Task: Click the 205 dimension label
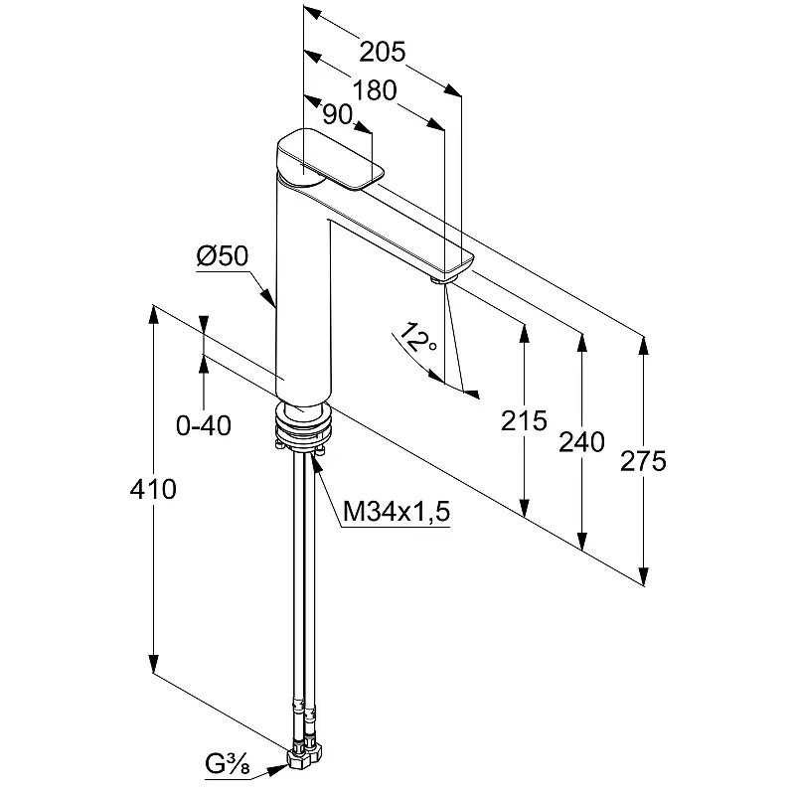(x=384, y=52)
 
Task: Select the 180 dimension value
(x=374, y=90)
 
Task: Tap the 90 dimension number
(x=339, y=115)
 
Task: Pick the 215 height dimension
(x=524, y=420)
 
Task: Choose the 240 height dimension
(x=582, y=441)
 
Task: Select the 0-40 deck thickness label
(x=203, y=425)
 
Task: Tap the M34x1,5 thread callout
(x=397, y=512)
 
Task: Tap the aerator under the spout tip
(x=440, y=279)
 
